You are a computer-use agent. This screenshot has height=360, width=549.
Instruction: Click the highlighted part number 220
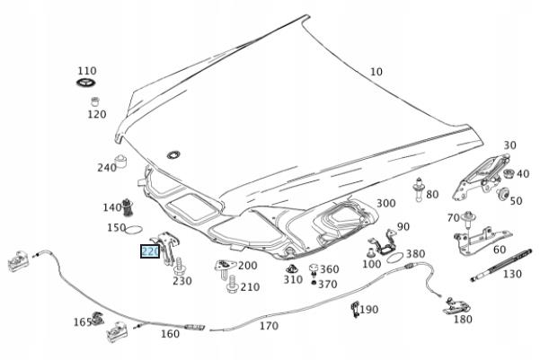click(x=149, y=252)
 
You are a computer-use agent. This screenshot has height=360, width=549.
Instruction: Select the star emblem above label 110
click(x=85, y=84)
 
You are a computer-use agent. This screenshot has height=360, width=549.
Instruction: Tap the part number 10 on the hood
click(x=376, y=72)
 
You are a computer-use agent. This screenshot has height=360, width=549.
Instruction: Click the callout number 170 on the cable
click(x=269, y=326)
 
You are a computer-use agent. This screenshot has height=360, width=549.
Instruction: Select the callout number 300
click(x=385, y=205)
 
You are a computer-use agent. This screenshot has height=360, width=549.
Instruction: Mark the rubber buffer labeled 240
click(x=126, y=162)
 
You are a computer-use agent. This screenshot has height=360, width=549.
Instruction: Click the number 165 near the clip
click(x=83, y=321)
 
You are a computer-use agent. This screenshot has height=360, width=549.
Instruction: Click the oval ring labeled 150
click(x=133, y=230)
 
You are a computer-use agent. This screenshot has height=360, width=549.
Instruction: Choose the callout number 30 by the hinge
click(x=509, y=145)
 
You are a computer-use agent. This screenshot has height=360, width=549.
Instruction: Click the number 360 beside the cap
click(x=329, y=269)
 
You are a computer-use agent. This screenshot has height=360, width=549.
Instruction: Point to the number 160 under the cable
click(x=169, y=335)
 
